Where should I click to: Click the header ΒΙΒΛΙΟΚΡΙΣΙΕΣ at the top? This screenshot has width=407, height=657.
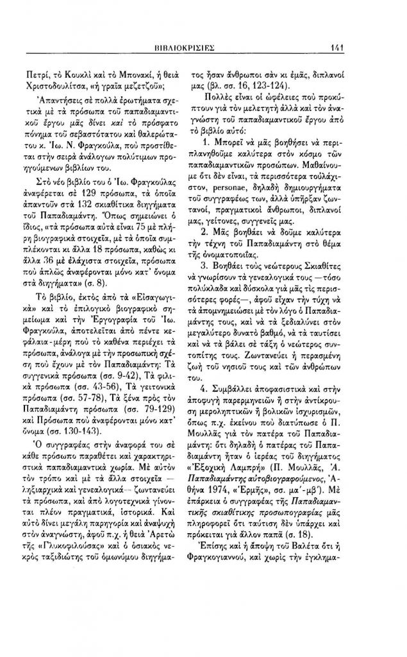tap(203, 47)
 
